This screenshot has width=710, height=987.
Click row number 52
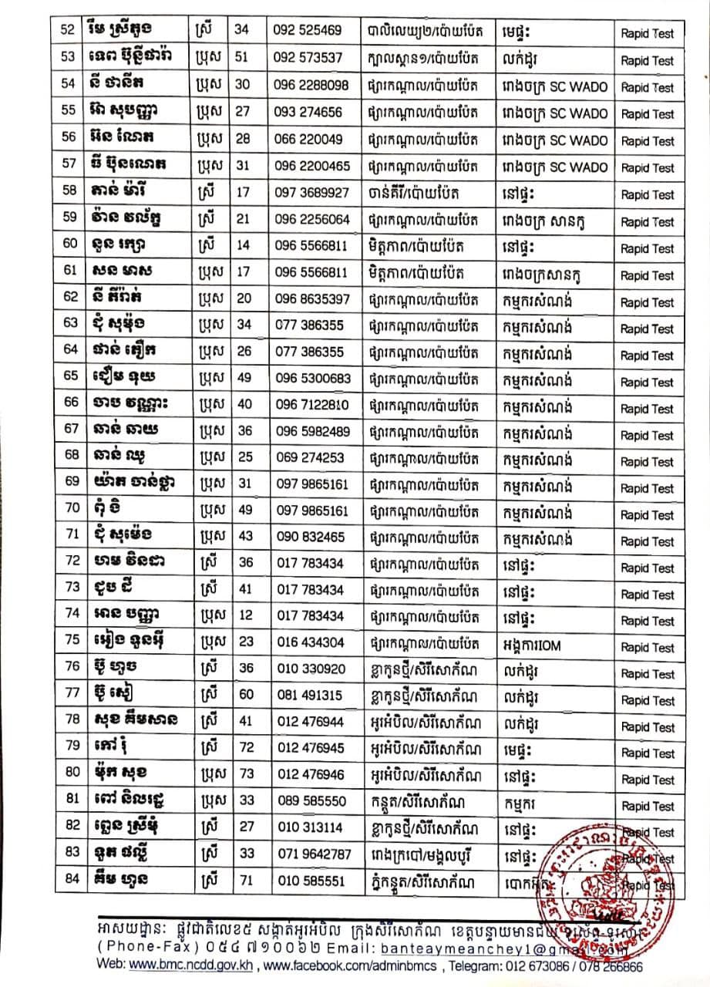(x=67, y=31)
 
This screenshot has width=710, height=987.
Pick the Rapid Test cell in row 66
(x=647, y=409)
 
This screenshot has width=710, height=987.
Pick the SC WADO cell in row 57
(x=547, y=166)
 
